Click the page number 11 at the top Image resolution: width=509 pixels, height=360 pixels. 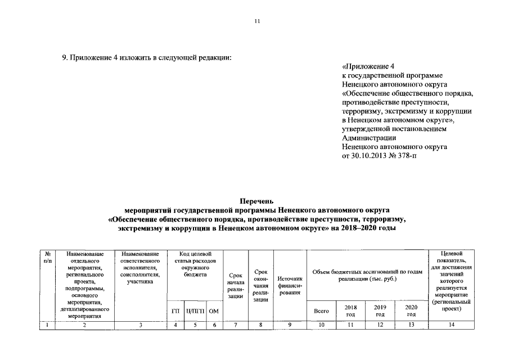[x=256, y=22]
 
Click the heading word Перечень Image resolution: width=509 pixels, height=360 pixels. [x=256, y=201]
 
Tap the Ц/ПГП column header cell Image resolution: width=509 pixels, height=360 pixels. [x=195, y=311]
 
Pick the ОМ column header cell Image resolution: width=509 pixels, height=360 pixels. [x=213, y=311]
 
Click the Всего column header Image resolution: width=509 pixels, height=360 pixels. [x=321, y=311]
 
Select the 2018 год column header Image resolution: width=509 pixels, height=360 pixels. [x=350, y=311]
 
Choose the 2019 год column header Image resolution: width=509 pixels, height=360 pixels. [x=381, y=311]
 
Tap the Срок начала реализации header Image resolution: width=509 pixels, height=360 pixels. [x=236, y=285]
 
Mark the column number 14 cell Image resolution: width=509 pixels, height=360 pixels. [x=452, y=325]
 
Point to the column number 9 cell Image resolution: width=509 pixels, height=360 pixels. [x=290, y=325]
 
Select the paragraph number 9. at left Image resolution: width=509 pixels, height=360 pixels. [x=65, y=58]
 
